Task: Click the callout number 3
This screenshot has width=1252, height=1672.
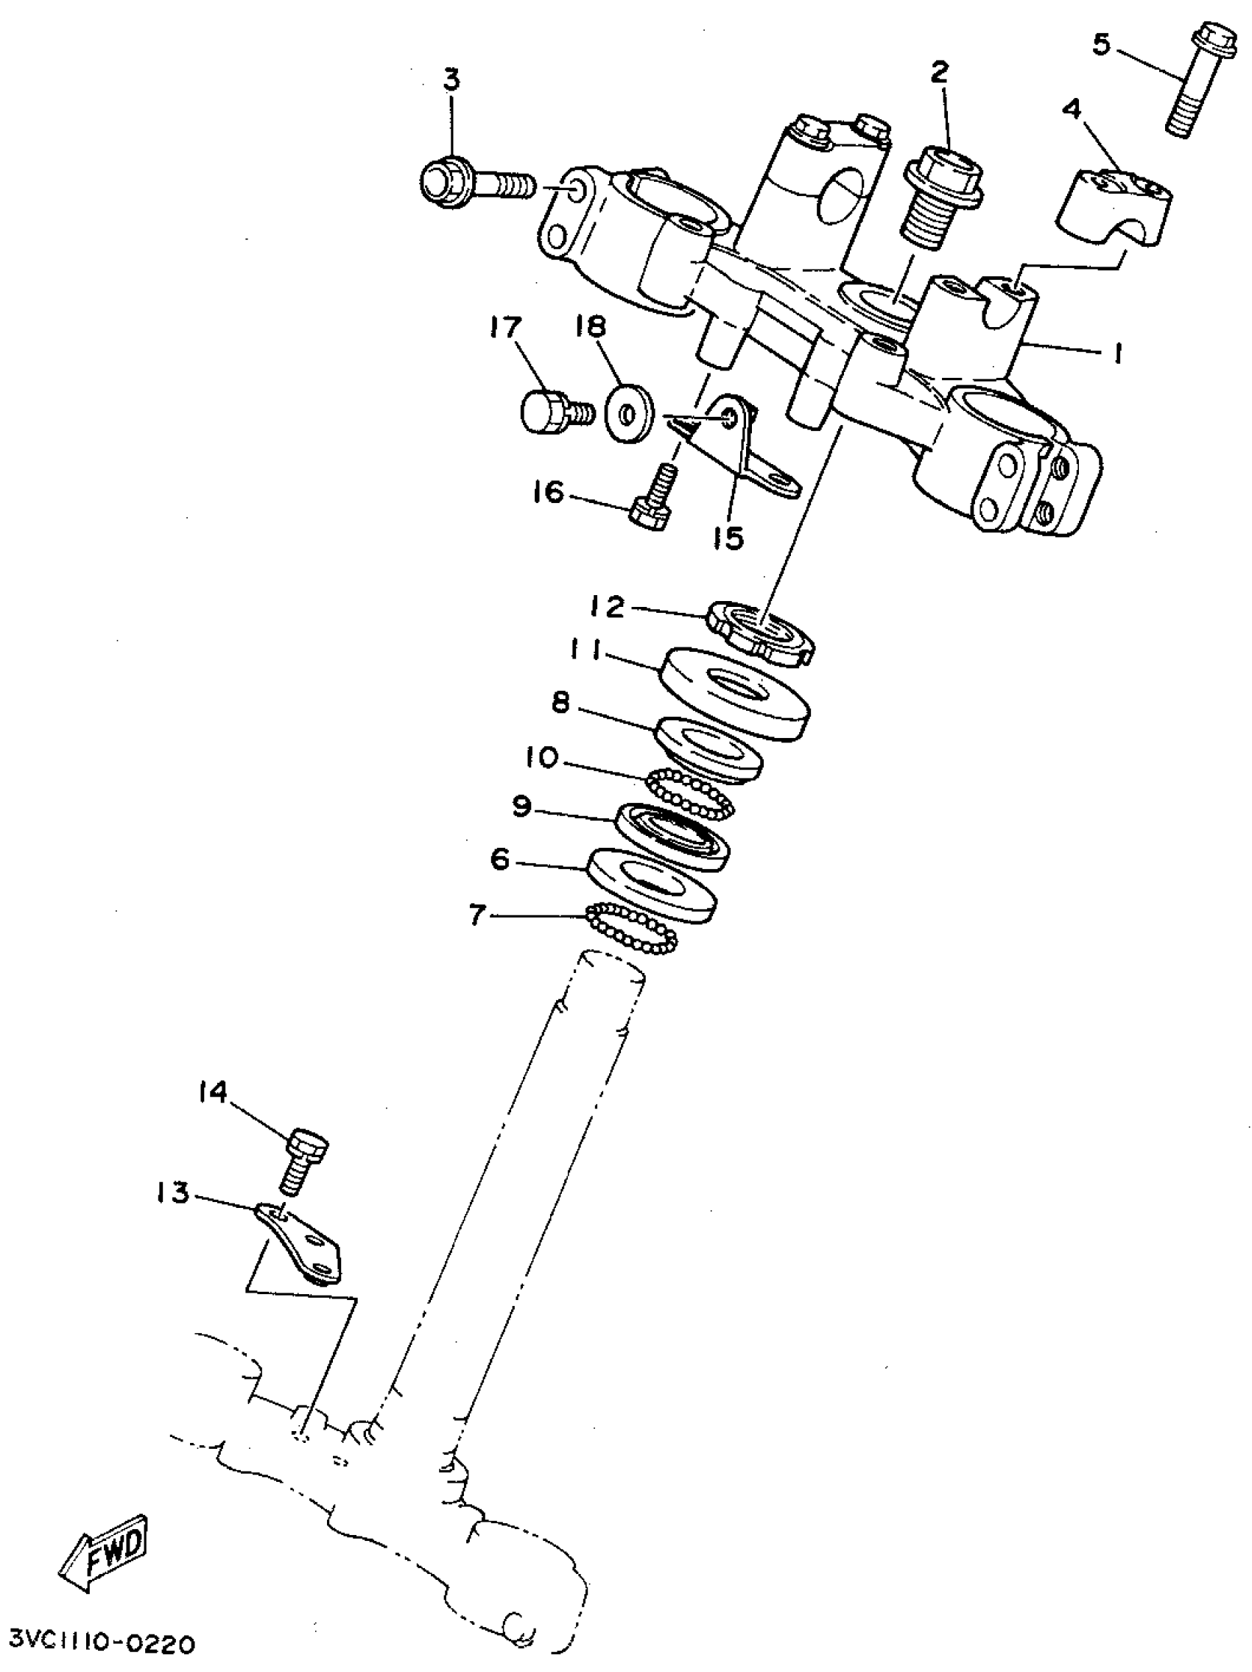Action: coord(451,80)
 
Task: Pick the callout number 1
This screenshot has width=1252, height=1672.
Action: coord(1115,353)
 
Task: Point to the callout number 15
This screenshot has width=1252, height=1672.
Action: coord(727,539)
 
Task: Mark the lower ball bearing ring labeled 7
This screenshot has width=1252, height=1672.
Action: coord(632,928)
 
